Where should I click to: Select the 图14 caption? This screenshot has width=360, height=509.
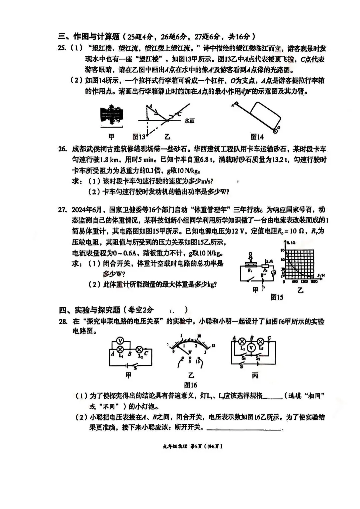[x=257, y=137]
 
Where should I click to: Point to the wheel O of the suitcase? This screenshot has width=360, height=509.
[x=275, y=131]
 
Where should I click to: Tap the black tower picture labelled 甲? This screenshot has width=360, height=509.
[x=112, y=115]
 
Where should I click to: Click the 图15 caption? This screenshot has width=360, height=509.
[x=277, y=297]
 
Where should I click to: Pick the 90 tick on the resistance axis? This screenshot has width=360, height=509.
[x=282, y=250]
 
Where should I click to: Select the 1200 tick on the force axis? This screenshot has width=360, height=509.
[x=304, y=282]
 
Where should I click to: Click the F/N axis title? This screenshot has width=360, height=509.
[x=321, y=275]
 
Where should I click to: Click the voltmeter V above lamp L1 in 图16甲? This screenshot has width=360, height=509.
[x=121, y=340]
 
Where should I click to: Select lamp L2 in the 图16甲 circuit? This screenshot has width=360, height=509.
[x=140, y=349]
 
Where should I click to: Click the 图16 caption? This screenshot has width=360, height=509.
[x=190, y=385]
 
